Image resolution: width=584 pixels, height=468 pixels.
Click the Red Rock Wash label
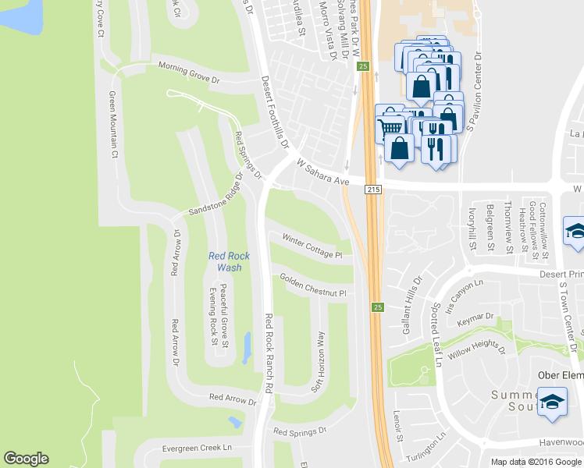(x=229, y=262)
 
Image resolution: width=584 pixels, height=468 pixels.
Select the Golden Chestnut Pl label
(x=312, y=285)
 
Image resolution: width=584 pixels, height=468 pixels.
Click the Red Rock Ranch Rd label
(x=269, y=353)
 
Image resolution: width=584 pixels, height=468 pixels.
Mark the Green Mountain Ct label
(x=112, y=125)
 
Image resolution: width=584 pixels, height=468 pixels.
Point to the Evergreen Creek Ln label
(x=197, y=448)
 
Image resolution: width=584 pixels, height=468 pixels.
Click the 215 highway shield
(x=372, y=190)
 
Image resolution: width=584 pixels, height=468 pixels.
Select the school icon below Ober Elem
(x=553, y=403)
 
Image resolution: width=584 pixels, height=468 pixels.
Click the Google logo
(x=26, y=459)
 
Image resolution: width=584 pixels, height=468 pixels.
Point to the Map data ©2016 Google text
(x=536, y=462)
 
